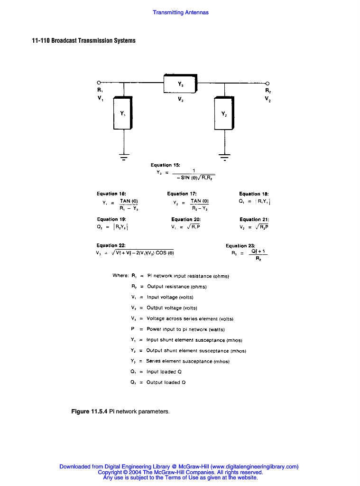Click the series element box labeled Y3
click(180, 84)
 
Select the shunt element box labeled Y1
click(123, 113)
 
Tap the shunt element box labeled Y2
click(224, 114)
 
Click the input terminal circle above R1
click(99, 82)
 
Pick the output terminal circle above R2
click(268, 83)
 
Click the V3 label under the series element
click(181, 100)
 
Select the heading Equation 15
click(165, 165)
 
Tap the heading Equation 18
click(254, 194)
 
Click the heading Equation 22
click(111, 245)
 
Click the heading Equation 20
click(185, 219)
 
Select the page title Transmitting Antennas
click(180, 12)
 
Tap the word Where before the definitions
click(120, 276)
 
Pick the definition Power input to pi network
click(185, 329)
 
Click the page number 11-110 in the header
click(40, 40)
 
